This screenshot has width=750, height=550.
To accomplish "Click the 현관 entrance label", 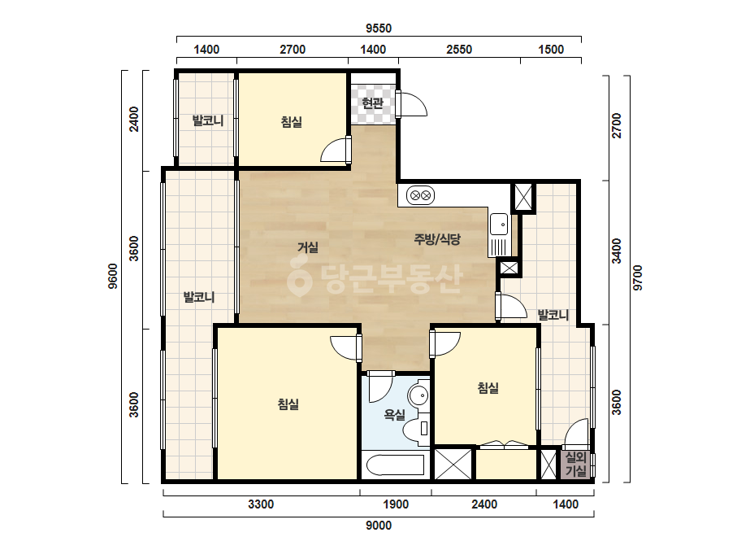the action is (x=373, y=103).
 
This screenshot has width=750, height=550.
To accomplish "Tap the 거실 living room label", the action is (x=308, y=247).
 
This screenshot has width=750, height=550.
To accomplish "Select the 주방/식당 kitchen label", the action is (x=437, y=238).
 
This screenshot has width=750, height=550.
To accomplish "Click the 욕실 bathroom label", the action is (x=395, y=414).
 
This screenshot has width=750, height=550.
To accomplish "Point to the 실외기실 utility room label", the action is (x=576, y=464).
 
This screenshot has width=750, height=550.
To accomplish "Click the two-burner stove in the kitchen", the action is (x=420, y=195).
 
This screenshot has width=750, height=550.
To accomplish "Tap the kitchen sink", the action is (x=499, y=224).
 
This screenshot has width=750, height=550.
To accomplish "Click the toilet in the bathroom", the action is (x=417, y=428).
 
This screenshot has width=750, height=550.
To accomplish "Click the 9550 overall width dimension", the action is (x=379, y=28).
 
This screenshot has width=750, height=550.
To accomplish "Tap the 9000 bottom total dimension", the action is (x=379, y=526).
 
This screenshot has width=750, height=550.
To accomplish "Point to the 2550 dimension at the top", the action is (x=459, y=50).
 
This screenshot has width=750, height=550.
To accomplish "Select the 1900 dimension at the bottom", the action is (x=396, y=504).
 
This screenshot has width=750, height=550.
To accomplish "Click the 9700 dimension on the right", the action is (x=638, y=278).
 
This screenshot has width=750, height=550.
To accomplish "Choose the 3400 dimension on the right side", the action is (x=617, y=251).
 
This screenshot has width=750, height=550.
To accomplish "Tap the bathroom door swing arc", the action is (x=381, y=387).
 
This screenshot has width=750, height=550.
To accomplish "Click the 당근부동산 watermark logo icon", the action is (x=299, y=276).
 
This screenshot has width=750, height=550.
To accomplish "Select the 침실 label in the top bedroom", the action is (x=291, y=122).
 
